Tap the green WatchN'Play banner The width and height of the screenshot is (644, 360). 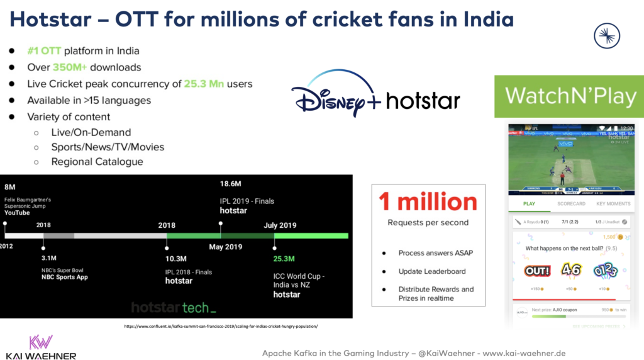[570, 96]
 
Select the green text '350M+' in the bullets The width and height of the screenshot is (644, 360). [70, 67]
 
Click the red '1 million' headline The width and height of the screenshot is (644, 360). [428, 201]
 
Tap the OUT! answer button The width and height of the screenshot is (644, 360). [537, 271]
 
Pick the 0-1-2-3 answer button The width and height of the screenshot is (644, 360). [605, 271]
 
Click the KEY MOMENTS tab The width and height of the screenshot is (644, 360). [613, 204]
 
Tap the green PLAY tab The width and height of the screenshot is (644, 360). [530, 204]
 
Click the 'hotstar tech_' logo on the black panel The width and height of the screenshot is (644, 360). [174, 308]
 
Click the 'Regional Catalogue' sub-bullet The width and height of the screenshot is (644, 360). [97, 162]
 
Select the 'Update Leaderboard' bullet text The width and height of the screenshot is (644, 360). [432, 271]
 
